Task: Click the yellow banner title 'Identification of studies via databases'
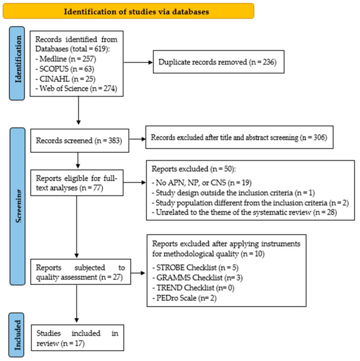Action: pos(136,12)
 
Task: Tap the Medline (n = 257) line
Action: pos(66,59)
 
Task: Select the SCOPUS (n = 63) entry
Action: pos(65,69)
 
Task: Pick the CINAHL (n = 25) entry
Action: pos(65,79)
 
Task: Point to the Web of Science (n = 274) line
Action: pos(77,88)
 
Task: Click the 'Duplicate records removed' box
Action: pos(219,62)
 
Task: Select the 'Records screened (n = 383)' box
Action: pos(80,141)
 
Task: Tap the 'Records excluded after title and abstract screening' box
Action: pos(239,137)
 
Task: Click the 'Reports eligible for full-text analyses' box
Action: pos(77,183)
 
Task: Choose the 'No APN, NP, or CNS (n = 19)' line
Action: pos(201,183)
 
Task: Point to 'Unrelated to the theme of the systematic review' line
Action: pos(244,212)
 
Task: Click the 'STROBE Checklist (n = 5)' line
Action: pos(195,268)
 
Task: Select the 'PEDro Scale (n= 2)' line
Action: pos(184,298)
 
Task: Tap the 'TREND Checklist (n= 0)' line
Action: pos(193,288)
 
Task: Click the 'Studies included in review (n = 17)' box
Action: pos(78,338)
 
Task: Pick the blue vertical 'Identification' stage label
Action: pos(17,64)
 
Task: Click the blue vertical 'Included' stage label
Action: pos(16,335)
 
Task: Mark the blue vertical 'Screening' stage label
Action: pos(18,207)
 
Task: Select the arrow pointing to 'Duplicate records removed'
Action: pos(138,62)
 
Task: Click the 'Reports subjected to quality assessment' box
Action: pos(81,272)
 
